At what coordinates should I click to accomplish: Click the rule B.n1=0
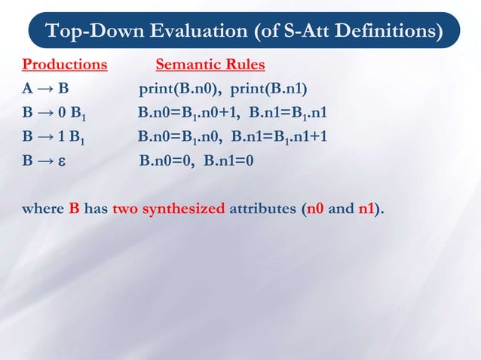point(229,160)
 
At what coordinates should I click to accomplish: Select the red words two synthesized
point(169,209)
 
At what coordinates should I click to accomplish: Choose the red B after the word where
point(74,209)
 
